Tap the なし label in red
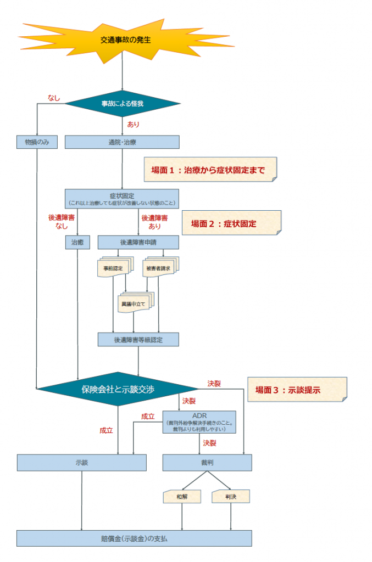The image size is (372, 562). click(x=54, y=98)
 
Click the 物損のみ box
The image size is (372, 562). click(x=37, y=142)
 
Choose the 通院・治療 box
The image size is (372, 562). click(x=122, y=142)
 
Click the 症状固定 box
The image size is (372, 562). click(x=122, y=199)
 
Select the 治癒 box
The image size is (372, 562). click(x=77, y=242)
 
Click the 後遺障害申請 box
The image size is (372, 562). click(x=138, y=242)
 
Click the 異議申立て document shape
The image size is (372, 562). click(x=134, y=302)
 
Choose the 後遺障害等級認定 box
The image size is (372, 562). click(x=138, y=339)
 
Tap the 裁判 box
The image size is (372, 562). click(x=207, y=463)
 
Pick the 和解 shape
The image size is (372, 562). click(x=182, y=497)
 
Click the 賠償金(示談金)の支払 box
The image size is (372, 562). click(x=134, y=538)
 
